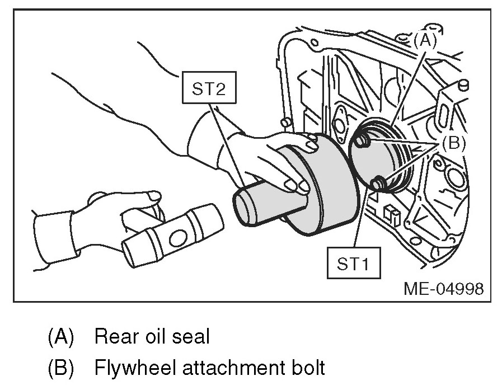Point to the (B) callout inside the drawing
click(453, 143)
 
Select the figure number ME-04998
click(443, 288)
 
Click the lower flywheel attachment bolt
click(379, 183)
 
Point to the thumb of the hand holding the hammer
click(147, 197)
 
